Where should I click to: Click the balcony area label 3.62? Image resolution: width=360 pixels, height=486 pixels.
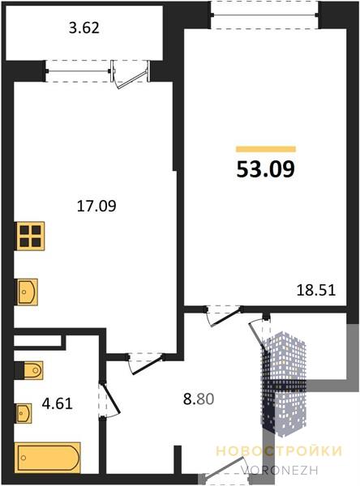pos(84,28)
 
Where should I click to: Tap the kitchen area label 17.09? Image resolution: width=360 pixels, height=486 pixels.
pos(96,206)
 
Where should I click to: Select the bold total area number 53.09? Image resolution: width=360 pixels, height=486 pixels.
pos(266,170)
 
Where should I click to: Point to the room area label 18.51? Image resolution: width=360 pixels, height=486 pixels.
pos(316,291)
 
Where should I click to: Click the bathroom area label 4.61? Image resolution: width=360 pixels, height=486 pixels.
pos(57,403)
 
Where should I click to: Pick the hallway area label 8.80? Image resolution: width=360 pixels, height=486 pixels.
pos(199,399)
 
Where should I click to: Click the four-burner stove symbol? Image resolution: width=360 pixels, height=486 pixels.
pos(31,236)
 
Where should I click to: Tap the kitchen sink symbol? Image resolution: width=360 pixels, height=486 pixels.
pos(27,292)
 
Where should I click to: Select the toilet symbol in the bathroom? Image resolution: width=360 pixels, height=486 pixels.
pos(28,370)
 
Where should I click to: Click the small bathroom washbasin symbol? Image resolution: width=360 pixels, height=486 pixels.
pos(24,413)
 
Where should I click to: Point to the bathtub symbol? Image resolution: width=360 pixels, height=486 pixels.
pos(48,458)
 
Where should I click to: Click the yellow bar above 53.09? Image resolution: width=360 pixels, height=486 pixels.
pos(266,149)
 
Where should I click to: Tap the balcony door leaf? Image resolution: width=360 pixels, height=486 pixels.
pos(132,79)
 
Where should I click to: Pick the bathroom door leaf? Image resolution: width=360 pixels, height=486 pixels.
pos(110,399)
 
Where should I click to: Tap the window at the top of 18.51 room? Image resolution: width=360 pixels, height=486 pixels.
pos(264,15)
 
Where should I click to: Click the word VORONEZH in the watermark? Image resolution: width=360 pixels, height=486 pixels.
pos(280,470)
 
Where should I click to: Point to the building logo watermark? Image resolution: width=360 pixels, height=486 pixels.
pos(285,384)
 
